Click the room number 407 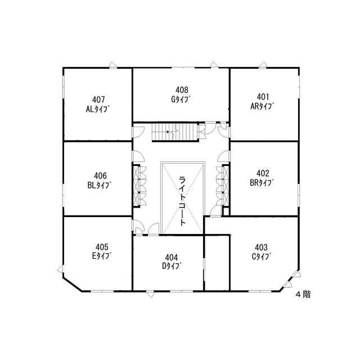click(x=98, y=100)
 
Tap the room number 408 click(x=182, y=89)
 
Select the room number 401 click(x=263, y=97)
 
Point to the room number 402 click(x=263, y=173)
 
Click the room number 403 click(x=261, y=247)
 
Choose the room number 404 click(x=171, y=258)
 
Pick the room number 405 click(x=102, y=247)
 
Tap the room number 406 click(x=100, y=176)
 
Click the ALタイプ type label click(x=97, y=109)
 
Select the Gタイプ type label click(x=181, y=99)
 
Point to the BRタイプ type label click(x=262, y=183)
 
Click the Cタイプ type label click(x=261, y=256)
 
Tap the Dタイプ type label click(x=172, y=266)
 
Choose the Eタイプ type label click(x=102, y=256)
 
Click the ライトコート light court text click(x=182, y=201)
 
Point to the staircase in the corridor click(x=175, y=133)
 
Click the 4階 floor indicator click(x=304, y=295)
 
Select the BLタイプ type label click(x=100, y=185)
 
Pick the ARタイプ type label click(x=263, y=106)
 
